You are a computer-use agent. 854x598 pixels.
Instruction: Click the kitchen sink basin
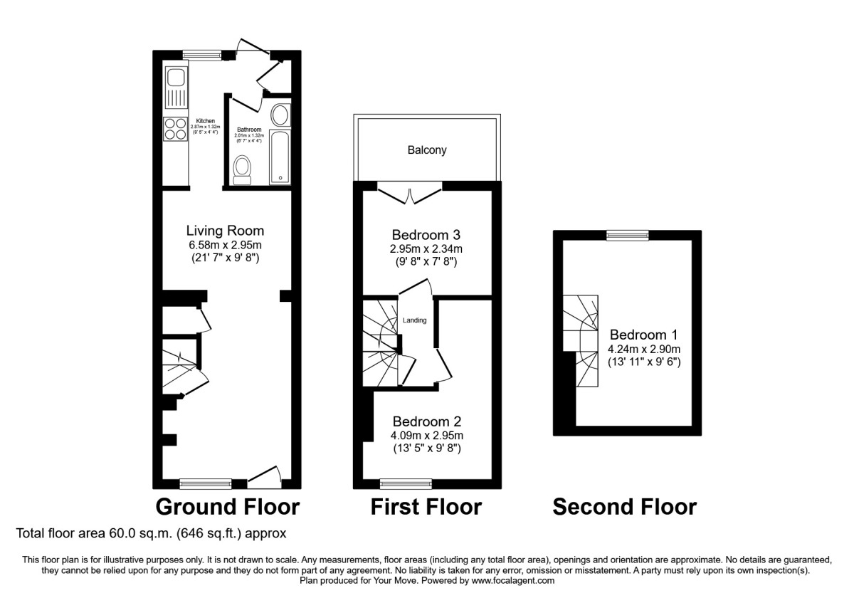[x=175, y=76]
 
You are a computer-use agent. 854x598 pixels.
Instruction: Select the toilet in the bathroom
[x=243, y=169]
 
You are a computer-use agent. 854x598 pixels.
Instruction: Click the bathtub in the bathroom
[x=280, y=156]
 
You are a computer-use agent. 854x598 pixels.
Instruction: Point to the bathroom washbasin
[x=280, y=115]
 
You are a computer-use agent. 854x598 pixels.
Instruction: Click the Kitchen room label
[x=205, y=122]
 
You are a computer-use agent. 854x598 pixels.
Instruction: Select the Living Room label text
[x=225, y=231]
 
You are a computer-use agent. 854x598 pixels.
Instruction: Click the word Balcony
[x=427, y=150]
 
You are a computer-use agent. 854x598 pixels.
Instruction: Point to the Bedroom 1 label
[x=643, y=335]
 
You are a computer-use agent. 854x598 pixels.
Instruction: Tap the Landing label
[x=415, y=320]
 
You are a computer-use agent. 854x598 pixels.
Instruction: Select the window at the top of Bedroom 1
[x=627, y=235]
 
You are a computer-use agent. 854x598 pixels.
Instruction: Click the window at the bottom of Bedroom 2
[x=406, y=484]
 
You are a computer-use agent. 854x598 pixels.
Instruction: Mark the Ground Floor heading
[x=228, y=507]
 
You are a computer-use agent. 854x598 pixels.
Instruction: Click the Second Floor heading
[x=624, y=507]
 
